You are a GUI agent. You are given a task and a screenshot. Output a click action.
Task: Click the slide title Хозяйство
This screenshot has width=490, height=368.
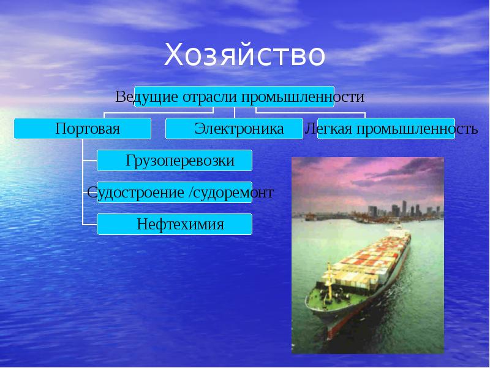(244, 55)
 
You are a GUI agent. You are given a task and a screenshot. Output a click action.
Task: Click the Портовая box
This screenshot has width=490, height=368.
(83, 129)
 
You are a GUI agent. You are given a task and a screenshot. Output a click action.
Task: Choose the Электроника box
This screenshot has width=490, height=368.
(235, 129)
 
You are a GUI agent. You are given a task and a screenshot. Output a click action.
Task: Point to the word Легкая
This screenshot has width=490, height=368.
(327, 129)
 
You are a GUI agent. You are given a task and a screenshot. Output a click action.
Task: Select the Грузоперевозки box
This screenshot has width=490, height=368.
(175, 161)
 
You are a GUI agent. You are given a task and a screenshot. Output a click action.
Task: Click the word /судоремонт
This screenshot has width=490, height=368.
(231, 193)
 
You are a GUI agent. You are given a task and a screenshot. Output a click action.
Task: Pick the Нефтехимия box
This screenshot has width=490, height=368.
(175, 224)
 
